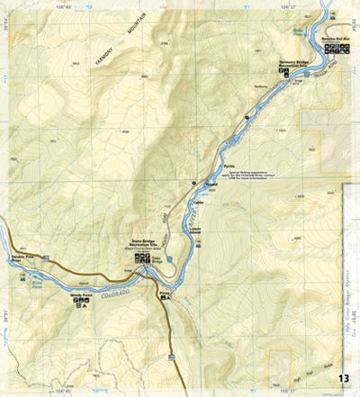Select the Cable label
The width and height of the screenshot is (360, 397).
click(x=200, y=203)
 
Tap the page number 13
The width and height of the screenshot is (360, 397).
click(x=345, y=377)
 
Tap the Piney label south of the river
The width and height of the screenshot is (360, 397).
click(x=164, y=293)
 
